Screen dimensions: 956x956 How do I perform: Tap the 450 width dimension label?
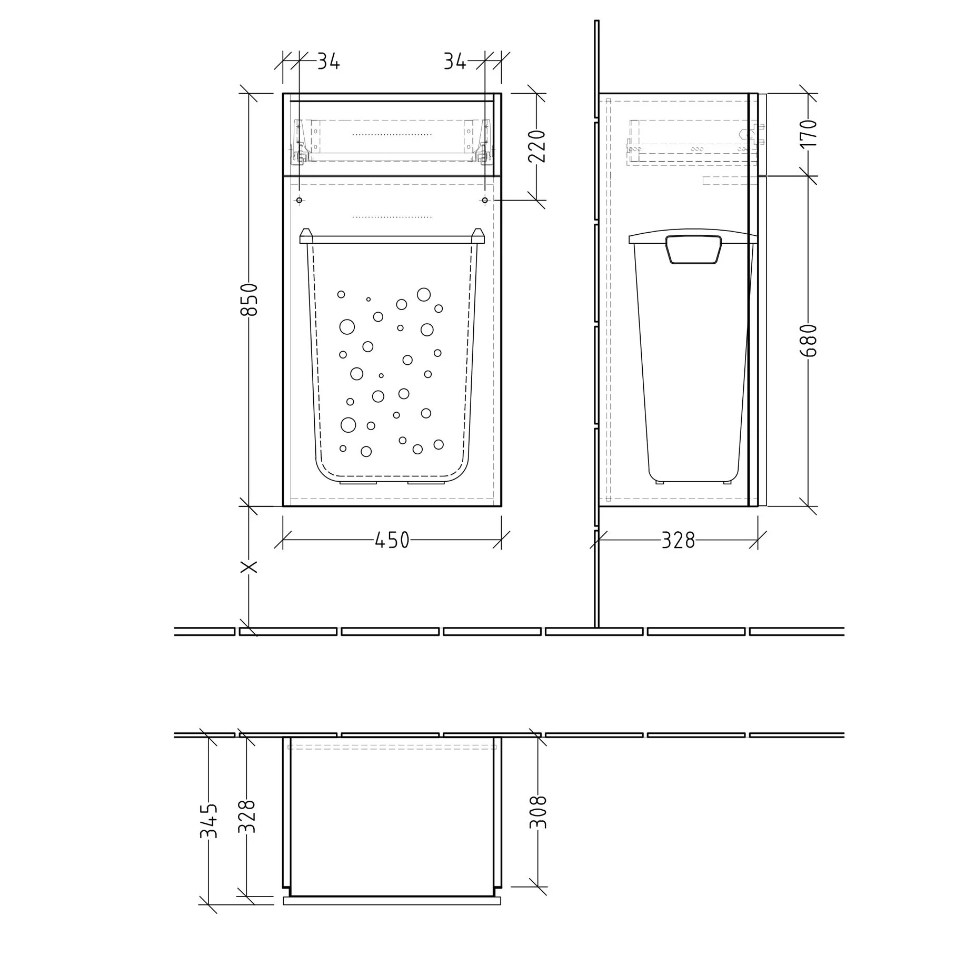point(392,540)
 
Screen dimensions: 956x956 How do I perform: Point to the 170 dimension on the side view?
point(809,134)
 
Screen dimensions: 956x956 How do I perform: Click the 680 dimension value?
point(809,341)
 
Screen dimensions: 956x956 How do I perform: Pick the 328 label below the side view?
point(678,540)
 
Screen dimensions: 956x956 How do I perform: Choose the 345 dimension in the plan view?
point(208,821)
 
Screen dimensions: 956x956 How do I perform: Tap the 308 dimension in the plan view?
point(538,812)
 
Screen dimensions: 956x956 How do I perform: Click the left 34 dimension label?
point(328,62)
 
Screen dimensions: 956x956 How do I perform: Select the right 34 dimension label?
point(455,62)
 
